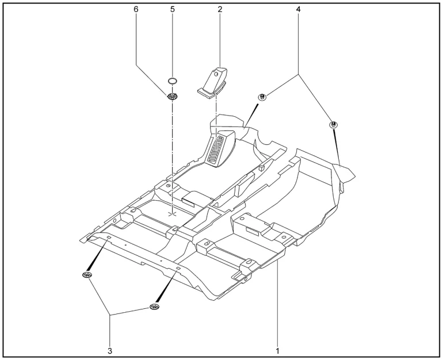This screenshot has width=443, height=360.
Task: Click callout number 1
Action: (277, 351)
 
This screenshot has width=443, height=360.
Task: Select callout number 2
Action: (220, 9)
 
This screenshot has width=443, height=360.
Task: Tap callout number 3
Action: (110, 351)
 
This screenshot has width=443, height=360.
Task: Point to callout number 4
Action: (299, 9)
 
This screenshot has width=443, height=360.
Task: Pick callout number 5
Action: (173, 9)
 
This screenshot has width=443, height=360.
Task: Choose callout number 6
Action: (136, 9)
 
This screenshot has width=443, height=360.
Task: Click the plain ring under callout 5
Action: (173, 81)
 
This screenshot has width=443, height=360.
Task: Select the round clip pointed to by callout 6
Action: (171, 97)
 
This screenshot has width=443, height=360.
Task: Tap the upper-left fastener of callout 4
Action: (262, 97)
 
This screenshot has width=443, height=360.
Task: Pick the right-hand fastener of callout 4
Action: (334, 125)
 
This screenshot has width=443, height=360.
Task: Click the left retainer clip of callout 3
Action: (87, 274)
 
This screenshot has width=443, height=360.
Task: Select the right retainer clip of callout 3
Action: (154, 307)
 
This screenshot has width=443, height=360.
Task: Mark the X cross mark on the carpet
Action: (173, 214)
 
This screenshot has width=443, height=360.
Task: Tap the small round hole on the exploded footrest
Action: (216, 74)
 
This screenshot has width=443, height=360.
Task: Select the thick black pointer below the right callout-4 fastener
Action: (337, 147)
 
